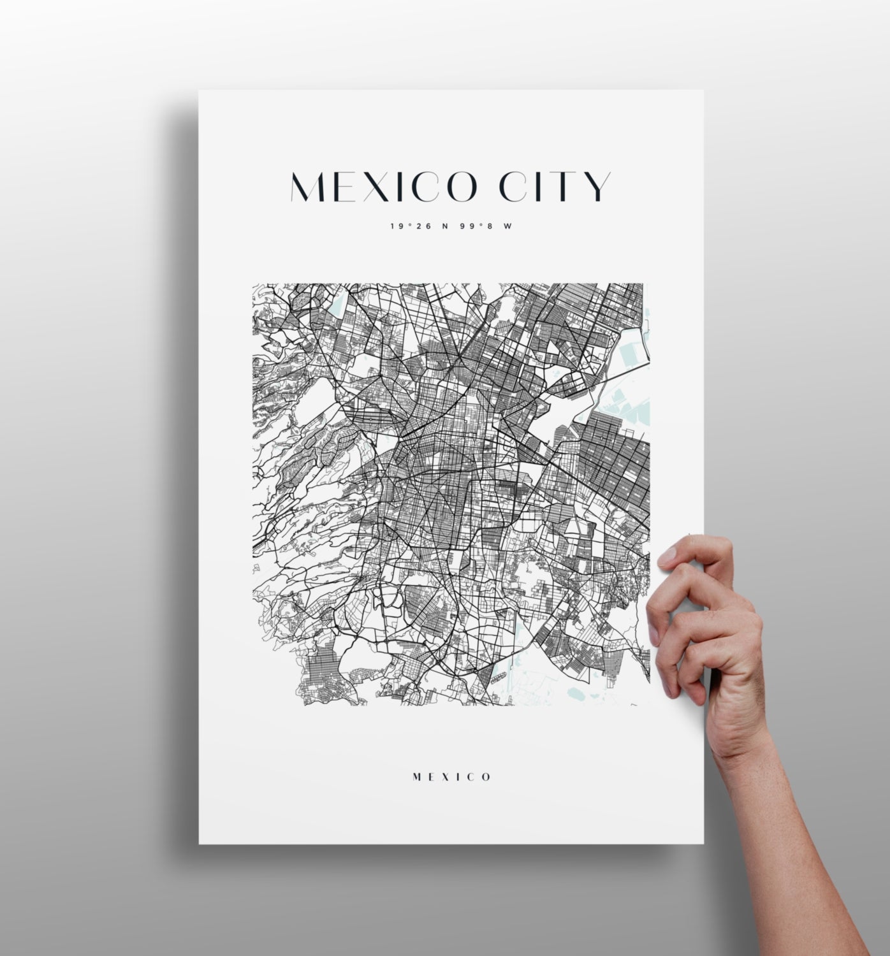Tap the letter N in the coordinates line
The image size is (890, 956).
[445, 226]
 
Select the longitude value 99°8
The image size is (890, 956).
[474, 226]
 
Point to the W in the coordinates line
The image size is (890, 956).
[507, 226]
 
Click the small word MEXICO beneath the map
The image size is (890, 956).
[452, 777]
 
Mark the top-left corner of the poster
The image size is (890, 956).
[200, 91]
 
